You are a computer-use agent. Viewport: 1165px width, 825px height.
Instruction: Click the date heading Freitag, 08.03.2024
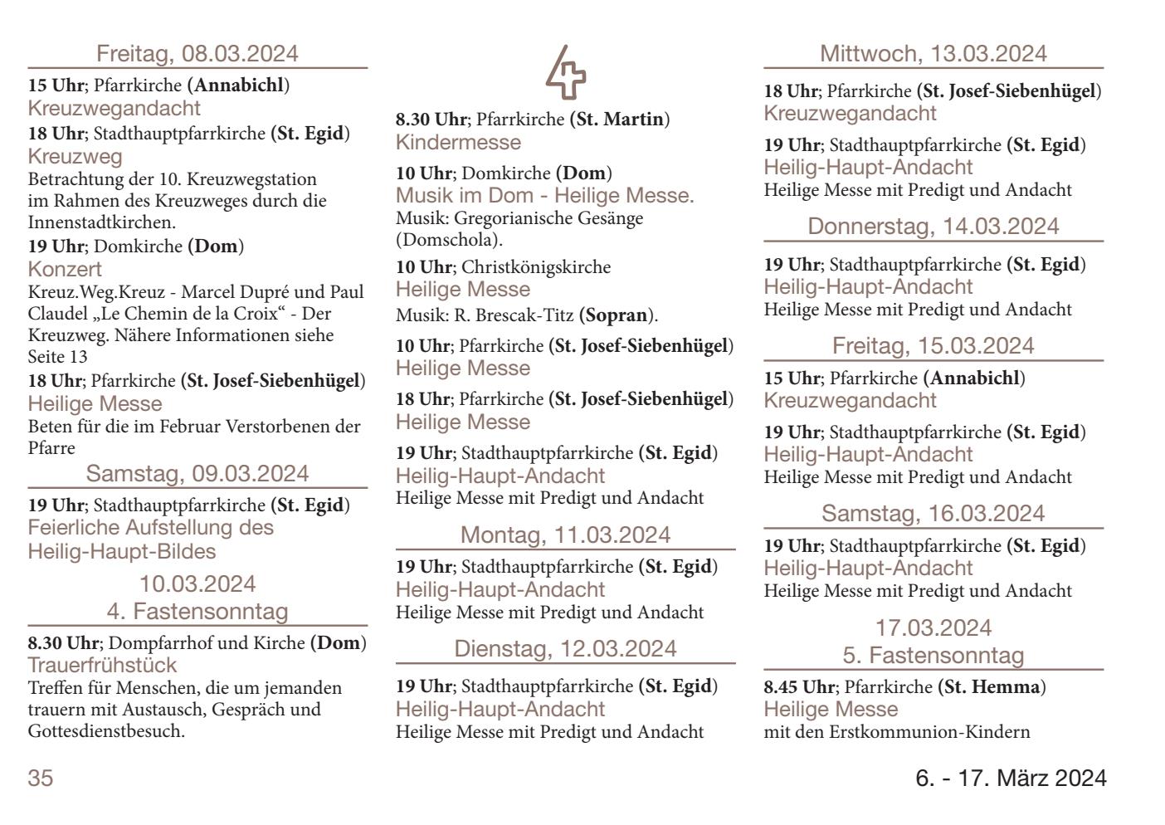click(x=197, y=54)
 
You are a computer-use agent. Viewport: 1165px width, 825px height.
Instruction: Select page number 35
click(x=41, y=779)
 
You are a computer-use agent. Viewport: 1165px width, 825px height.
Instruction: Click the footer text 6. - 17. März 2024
click(x=1011, y=779)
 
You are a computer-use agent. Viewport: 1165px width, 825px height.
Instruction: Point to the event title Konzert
click(x=65, y=269)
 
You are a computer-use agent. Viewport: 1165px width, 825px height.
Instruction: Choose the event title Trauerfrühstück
click(x=102, y=665)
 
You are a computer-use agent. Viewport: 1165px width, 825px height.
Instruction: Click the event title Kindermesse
click(x=458, y=142)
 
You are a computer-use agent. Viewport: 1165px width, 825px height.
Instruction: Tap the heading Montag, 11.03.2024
click(x=565, y=535)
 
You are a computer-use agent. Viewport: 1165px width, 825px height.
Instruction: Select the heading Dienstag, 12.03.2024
click(x=565, y=649)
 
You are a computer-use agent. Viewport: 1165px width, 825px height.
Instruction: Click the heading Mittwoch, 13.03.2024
click(x=933, y=54)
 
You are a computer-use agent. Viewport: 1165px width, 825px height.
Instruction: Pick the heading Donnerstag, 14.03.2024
click(x=933, y=227)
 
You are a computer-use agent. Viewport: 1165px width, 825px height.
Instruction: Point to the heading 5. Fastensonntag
click(x=933, y=656)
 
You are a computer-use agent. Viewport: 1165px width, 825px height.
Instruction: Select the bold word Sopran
click(x=614, y=315)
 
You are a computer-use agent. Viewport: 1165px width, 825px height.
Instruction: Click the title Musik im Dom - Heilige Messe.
click(x=544, y=196)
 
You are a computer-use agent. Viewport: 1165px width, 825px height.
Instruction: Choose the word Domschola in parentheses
click(x=449, y=241)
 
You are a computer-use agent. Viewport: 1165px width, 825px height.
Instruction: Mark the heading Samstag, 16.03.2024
click(x=933, y=514)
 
